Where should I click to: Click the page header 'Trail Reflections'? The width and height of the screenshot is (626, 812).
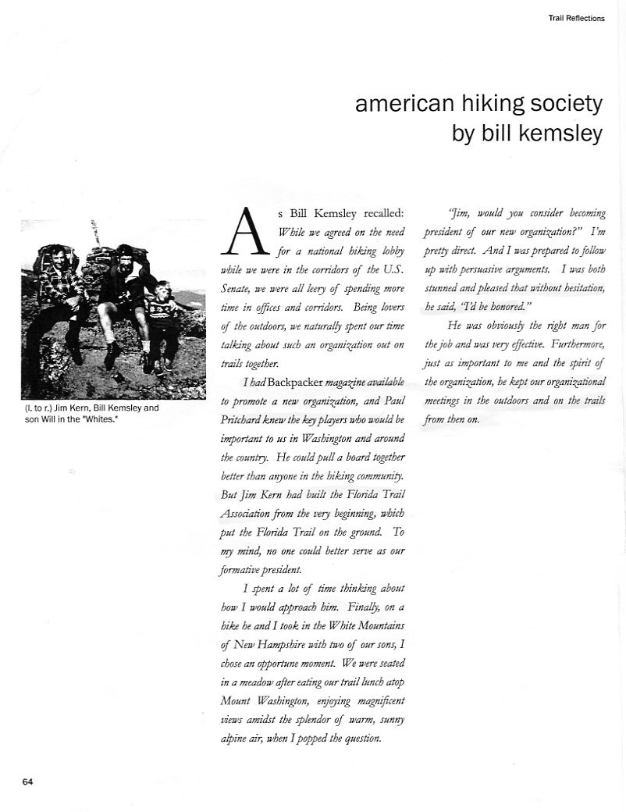pyautogui.click(x=576, y=18)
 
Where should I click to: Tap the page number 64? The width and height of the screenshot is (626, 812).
pyautogui.click(x=27, y=781)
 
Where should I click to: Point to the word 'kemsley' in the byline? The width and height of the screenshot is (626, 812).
pyautogui.click(x=564, y=133)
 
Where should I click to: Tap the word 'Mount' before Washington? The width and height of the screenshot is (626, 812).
pyautogui.click(x=240, y=700)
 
